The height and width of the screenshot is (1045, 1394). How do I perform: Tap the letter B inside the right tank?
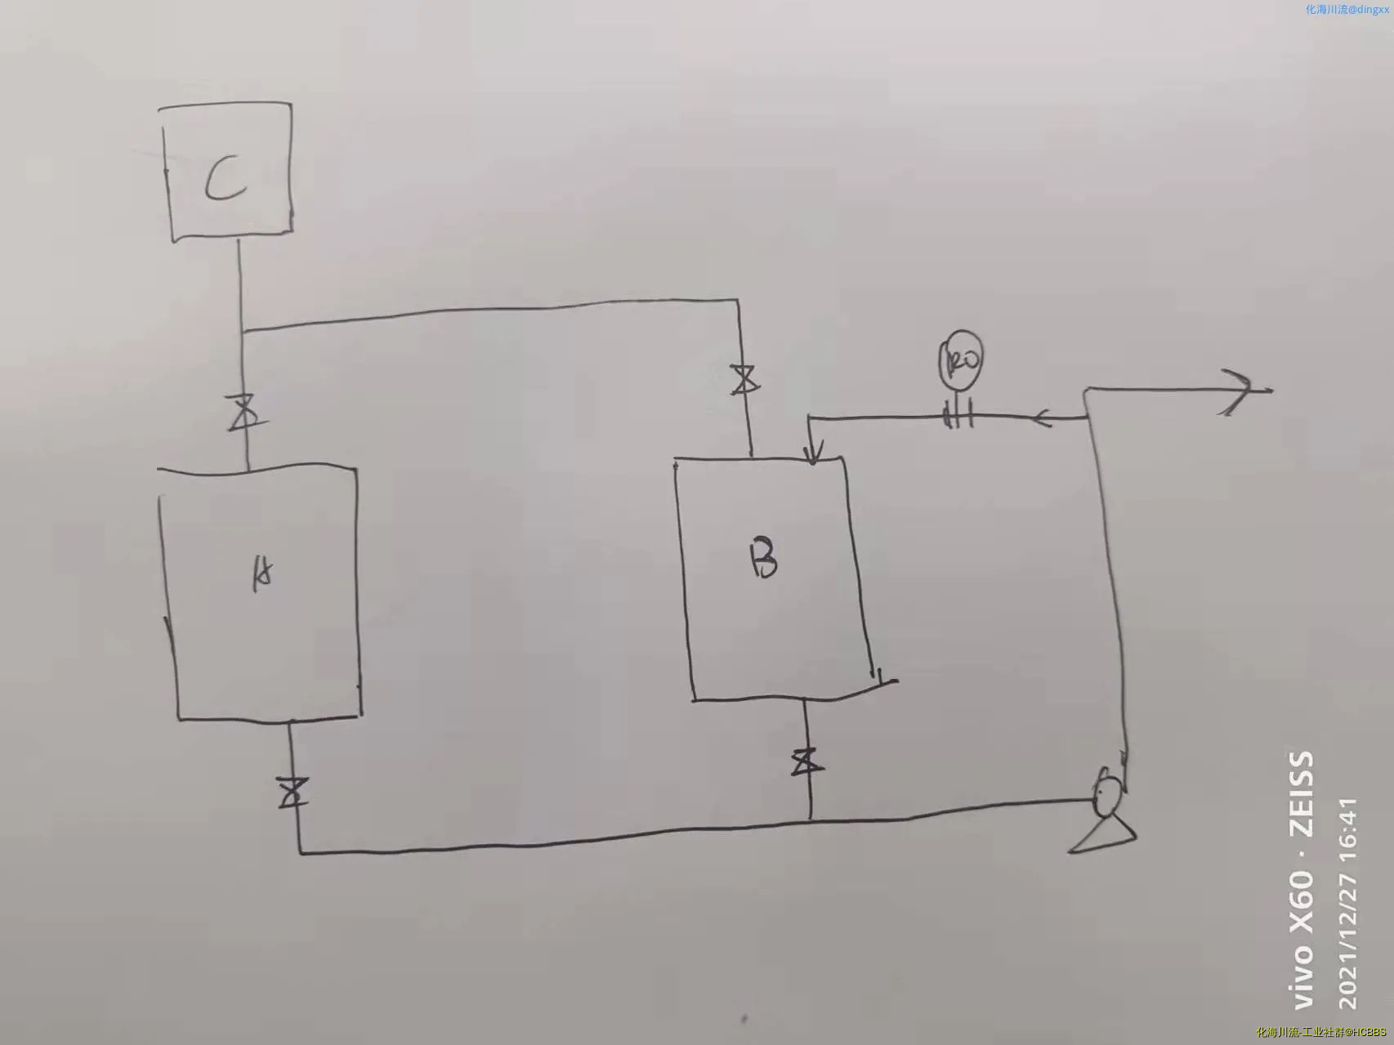pos(764,559)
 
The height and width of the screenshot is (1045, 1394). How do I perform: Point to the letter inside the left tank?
pos(261,575)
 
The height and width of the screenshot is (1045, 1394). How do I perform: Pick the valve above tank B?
pos(744,379)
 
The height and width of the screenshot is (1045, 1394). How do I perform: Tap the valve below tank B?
pos(807,762)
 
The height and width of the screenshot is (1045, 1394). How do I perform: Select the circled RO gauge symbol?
pos(961,359)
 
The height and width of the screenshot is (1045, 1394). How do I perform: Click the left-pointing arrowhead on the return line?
pos(1043,419)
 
